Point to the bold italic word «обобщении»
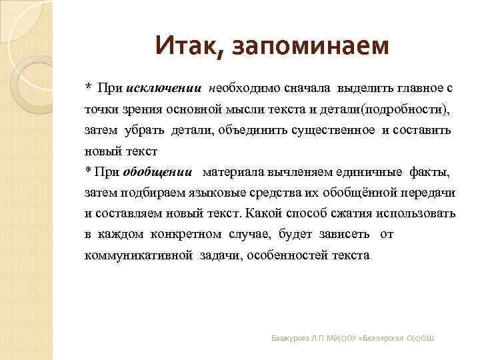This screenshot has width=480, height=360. [158, 172]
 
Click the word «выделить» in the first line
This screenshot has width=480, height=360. [364, 87]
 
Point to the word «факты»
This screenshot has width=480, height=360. [430, 172]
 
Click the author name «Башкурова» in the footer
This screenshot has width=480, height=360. [290, 339]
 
